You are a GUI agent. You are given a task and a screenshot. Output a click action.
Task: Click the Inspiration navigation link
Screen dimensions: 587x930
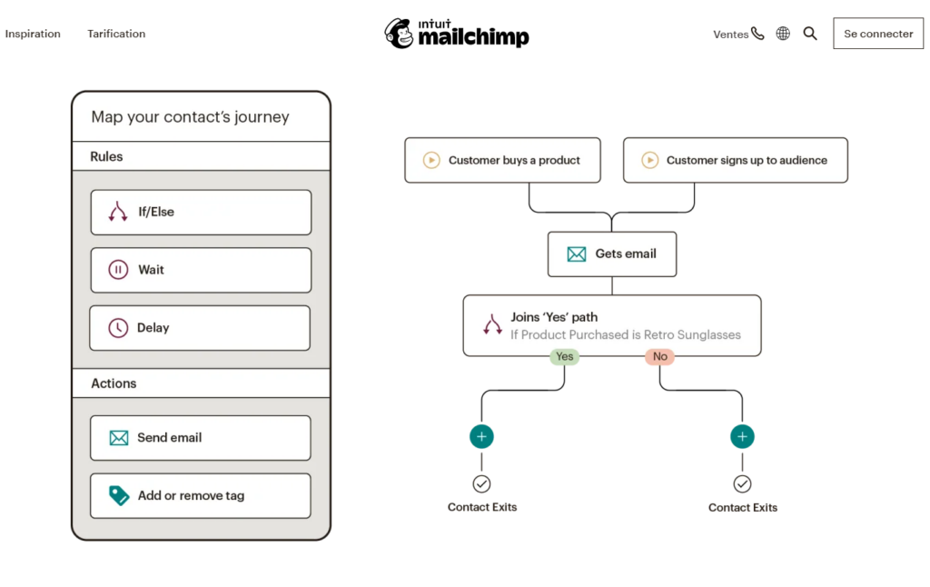coord(33,34)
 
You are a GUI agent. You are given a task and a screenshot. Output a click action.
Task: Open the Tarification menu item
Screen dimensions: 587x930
coord(116,34)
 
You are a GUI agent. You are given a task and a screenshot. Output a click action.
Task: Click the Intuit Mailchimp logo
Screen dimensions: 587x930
coord(457,34)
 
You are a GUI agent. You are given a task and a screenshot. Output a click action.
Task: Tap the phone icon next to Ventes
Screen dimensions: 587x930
coord(757,34)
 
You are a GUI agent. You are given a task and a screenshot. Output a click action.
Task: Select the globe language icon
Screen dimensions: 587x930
coord(783,34)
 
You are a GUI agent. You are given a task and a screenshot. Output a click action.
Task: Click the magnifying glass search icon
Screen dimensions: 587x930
coord(810,34)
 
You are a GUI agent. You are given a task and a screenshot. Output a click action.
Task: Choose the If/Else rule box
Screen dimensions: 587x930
coord(201,213)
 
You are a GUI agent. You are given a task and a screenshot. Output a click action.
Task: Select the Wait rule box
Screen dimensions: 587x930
coord(201,270)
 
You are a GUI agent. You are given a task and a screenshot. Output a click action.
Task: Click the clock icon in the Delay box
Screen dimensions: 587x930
coord(118,328)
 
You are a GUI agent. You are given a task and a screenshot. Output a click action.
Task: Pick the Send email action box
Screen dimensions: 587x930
coord(201,438)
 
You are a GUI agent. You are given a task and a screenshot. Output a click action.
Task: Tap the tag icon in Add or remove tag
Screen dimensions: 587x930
coord(119,495)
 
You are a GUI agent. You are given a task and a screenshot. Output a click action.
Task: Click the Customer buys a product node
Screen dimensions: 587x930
coord(502,160)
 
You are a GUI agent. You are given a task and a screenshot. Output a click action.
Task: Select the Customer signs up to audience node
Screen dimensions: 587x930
coord(735,160)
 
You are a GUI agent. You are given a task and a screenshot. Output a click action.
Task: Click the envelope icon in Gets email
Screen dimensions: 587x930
coord(577,254)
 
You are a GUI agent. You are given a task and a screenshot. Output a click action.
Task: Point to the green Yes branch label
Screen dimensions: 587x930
coord(564,357)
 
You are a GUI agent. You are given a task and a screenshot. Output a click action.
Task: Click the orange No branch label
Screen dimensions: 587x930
coord(659,357)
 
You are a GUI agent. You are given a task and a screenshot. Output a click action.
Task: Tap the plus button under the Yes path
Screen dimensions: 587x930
coord(481,437)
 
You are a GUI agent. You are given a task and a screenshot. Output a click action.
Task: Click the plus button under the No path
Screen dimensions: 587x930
coord(742,437)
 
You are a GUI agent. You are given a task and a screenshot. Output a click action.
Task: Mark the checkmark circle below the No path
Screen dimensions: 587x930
coord(742,483)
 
